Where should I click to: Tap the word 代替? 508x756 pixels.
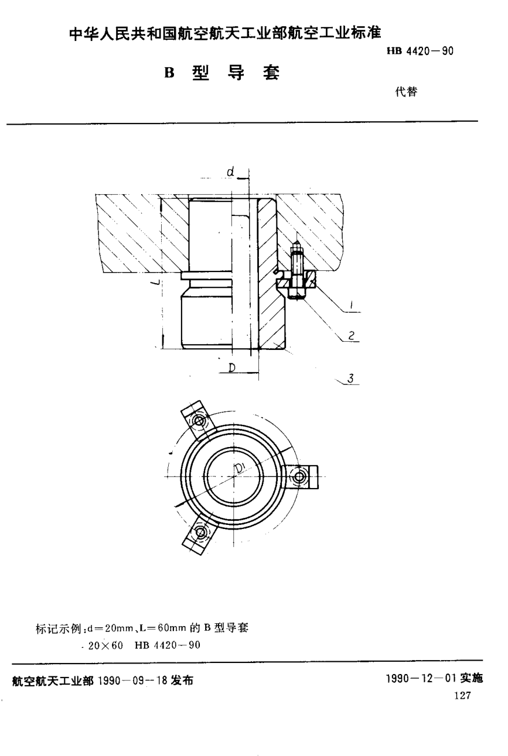click(405, 92)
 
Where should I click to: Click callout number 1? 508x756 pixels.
click(350, 304)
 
